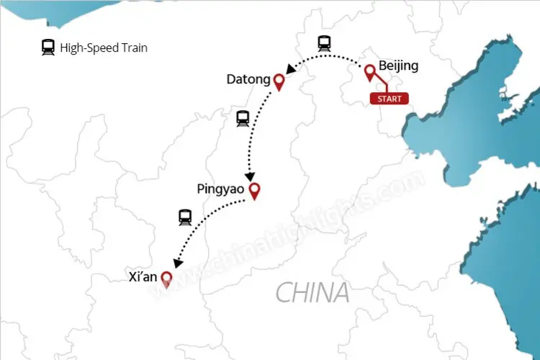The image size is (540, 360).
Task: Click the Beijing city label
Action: (398, 66)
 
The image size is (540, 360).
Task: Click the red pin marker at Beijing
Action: (370, 72)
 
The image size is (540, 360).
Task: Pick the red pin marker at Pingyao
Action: (253, 191)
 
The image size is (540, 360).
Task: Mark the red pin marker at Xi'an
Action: (166, 278)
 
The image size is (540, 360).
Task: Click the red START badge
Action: (389, 99)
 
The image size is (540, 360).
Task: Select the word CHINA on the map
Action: (312, 292)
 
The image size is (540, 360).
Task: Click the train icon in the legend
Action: (48, 48)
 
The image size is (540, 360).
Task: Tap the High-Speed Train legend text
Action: (104, 48)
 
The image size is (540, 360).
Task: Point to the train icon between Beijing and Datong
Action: (324, 43)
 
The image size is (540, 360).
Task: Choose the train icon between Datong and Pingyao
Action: (243, 119)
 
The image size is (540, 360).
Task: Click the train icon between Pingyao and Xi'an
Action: (185, 217)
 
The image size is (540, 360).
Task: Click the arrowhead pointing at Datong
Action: (290, 70)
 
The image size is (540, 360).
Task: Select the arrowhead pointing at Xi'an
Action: (177, 261)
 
